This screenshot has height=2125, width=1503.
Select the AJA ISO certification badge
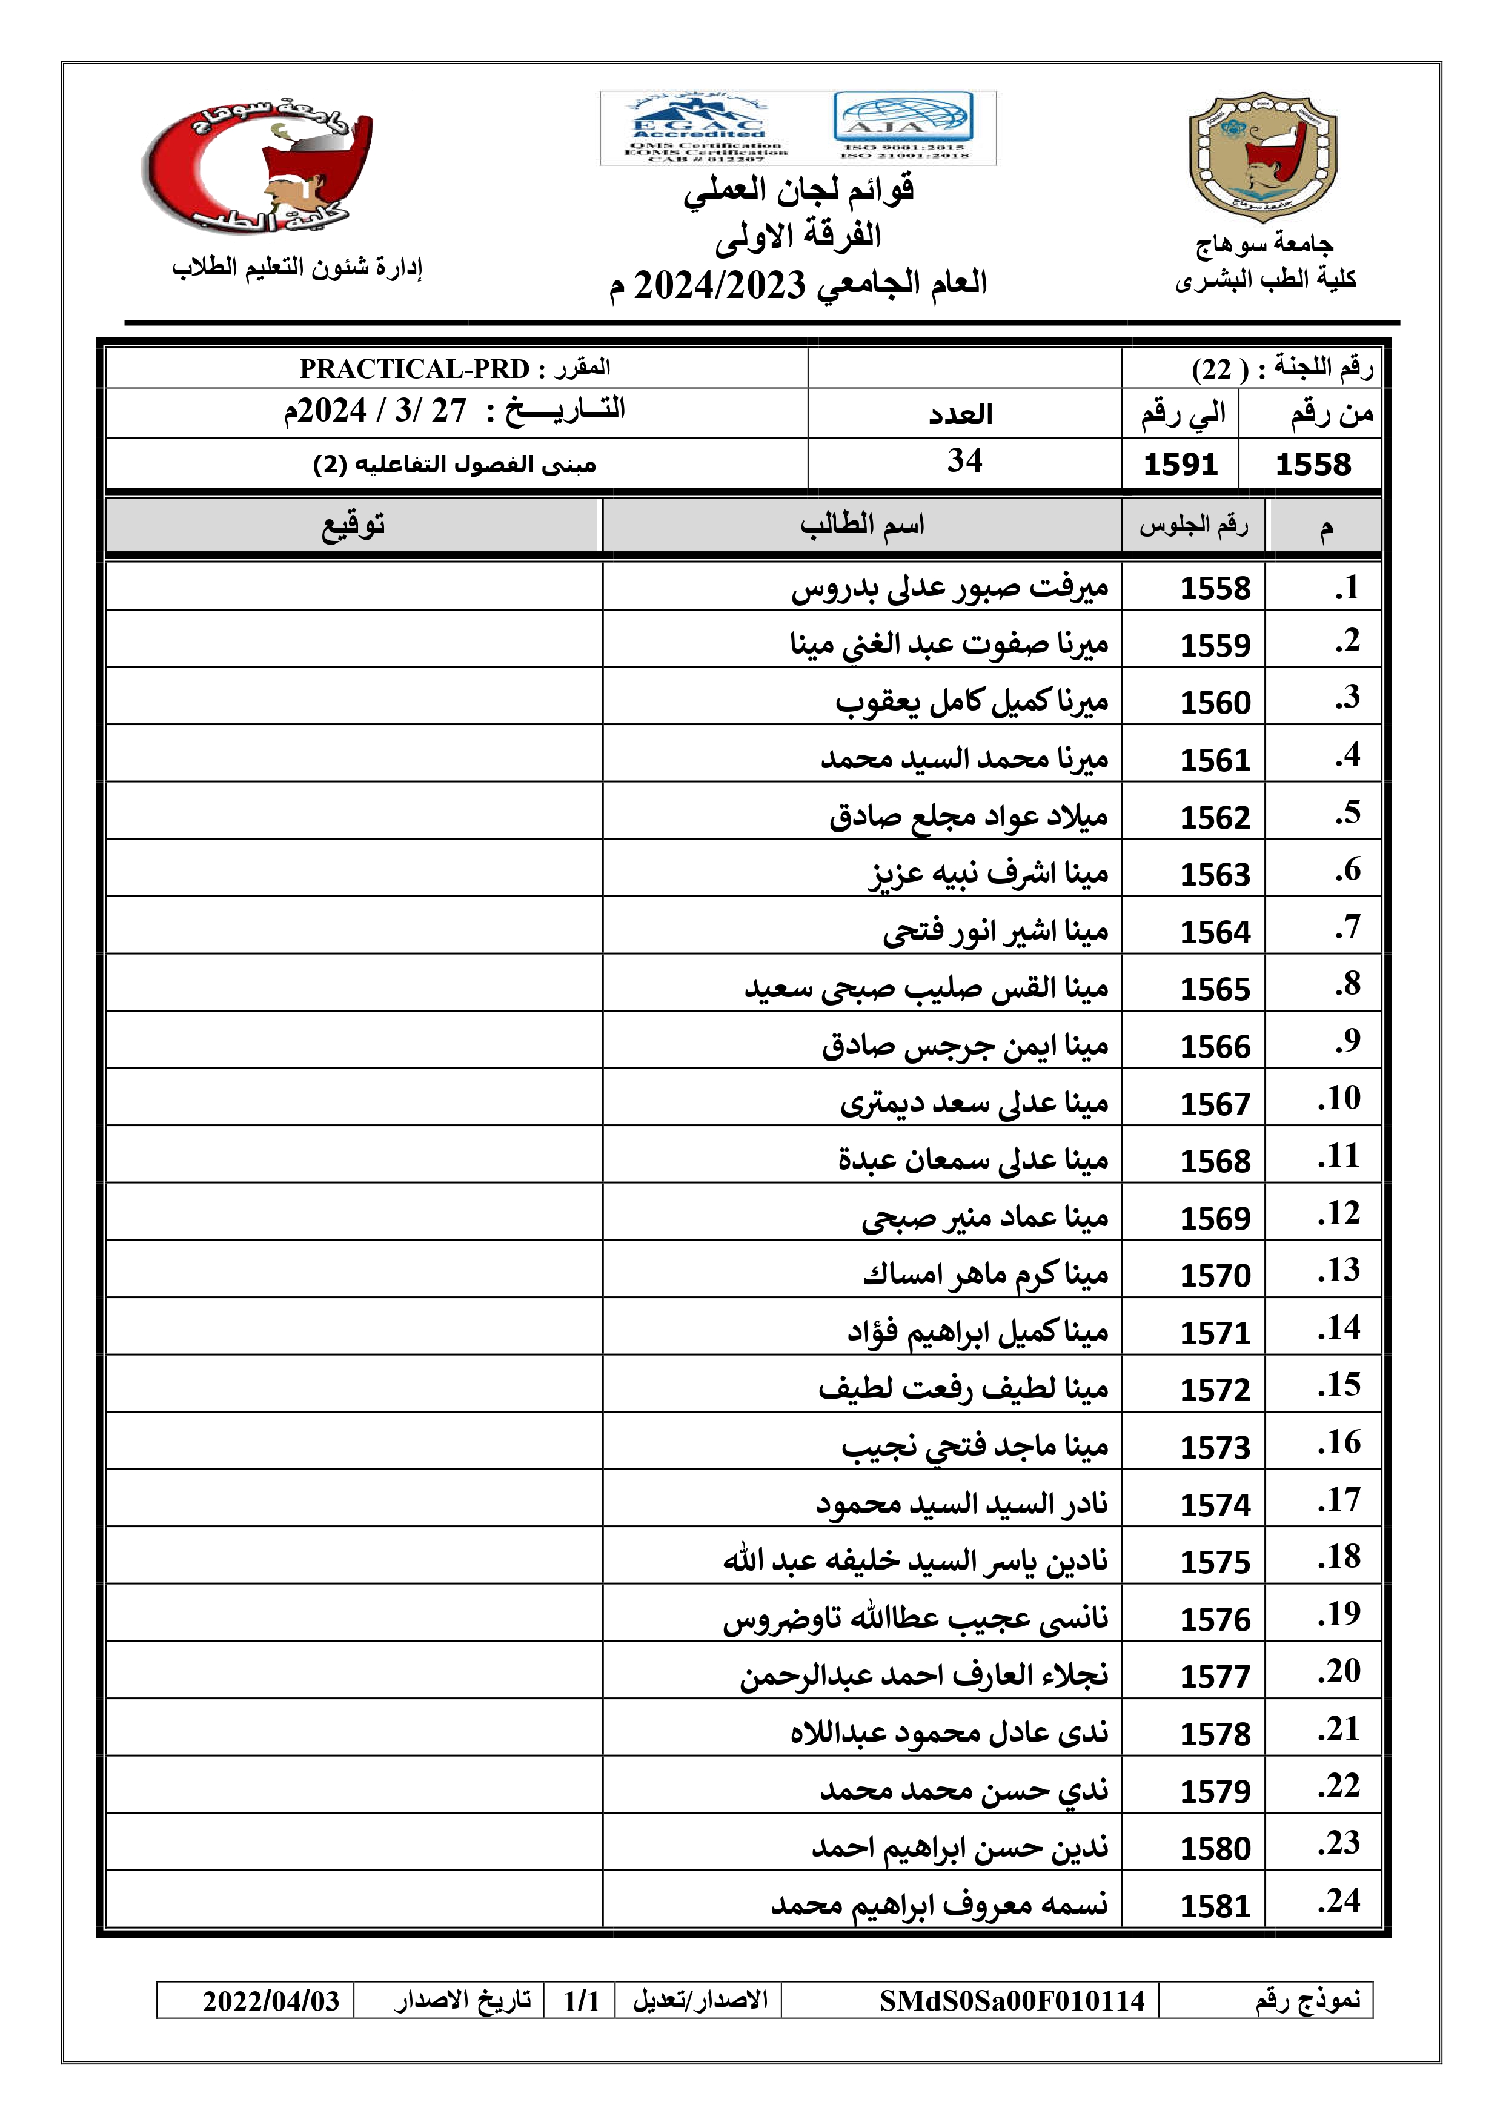(903, 128)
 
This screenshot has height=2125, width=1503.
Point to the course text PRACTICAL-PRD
(414, 368)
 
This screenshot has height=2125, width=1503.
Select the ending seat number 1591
(1180, 463)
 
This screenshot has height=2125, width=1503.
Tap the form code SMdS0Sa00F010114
(1012, 2001)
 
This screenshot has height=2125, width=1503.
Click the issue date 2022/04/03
(271, 2001)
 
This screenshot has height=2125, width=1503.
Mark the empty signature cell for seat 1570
(354, 1269)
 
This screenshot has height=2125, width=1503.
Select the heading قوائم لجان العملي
(798, 191)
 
